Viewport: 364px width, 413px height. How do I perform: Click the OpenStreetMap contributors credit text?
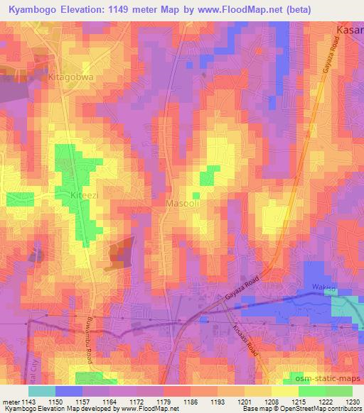pyautogui.click(x=321, y=409)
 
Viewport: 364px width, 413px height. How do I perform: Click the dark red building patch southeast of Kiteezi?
pyautogui.click(x=120, y=253)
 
